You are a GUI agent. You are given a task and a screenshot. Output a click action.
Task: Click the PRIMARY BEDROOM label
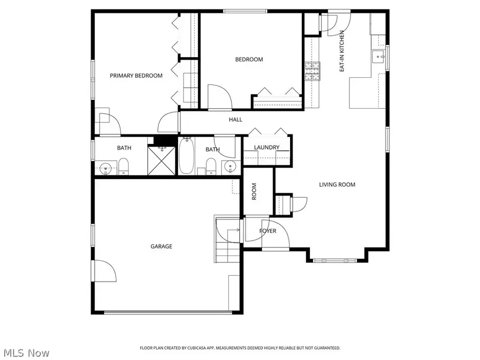[x=136, y=76]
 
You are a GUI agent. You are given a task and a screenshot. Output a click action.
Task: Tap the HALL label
[x=235, y=119]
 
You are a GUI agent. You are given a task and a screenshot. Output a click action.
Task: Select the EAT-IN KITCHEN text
[x=342, y=51]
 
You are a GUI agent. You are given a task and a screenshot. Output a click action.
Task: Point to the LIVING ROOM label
[x=337, y=185]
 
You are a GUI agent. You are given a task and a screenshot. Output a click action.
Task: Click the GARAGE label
[x=161, y=246]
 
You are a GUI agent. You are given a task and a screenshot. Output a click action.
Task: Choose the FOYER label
[x=267, y=231]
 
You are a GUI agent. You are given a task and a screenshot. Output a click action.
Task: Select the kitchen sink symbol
[x=379, y=56]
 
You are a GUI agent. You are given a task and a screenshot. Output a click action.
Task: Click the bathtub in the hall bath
[x=186, y=156]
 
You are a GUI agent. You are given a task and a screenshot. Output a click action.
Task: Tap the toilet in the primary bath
[x=124, y=167]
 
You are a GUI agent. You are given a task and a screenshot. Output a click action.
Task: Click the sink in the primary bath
[x=106, y=169]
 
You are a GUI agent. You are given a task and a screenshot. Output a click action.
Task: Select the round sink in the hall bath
[x=230, y=166]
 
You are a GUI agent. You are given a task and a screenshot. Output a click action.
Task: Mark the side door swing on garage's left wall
[x=106, y=271]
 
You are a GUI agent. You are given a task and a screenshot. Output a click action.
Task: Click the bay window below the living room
[x=337, y=260]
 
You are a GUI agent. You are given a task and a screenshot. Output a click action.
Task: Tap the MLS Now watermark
[x=27, y=353]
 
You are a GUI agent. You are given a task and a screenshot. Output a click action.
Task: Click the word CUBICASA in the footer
[x=198, y=348]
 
